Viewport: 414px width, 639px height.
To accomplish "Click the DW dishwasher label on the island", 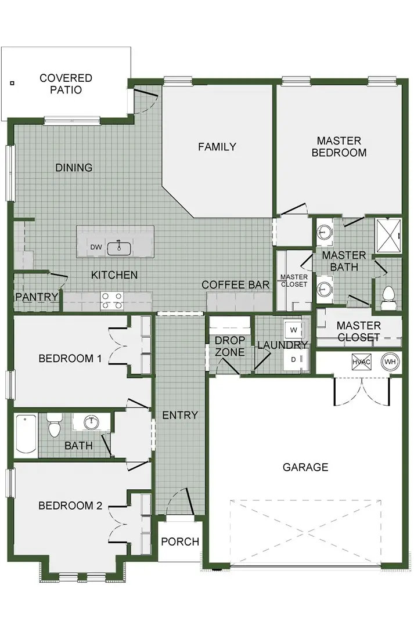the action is [x=96, y=247].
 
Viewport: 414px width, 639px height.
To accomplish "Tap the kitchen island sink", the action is [x=118, y=248].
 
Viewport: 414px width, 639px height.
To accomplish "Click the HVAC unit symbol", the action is [x=361, y=362].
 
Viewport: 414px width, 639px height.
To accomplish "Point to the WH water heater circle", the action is [x=390, y=362].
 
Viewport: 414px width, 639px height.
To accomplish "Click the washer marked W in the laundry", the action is [x=294, y=329].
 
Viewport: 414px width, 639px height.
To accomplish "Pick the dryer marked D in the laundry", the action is [x=294, y=360].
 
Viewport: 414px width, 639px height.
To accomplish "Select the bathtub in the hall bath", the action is [x=27, y=435].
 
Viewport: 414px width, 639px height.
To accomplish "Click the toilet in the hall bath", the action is [x=54, y=425].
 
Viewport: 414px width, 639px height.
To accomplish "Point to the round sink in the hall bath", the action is [x=91, y=422].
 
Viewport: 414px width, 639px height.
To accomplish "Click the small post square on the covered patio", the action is [x=12, y=83].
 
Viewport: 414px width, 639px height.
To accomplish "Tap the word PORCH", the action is [x=180, y=541].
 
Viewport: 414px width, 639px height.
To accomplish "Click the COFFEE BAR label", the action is [x=235, y=285].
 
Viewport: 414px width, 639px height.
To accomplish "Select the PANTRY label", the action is [x=37, y=297].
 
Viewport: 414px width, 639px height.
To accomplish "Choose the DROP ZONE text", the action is [x=230, y=346].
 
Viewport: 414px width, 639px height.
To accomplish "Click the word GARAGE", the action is [x=305, y=467].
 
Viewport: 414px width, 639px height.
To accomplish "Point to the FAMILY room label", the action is [x=217, y=147].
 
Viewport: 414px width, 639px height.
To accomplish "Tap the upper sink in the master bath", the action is [x=325, y=232].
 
